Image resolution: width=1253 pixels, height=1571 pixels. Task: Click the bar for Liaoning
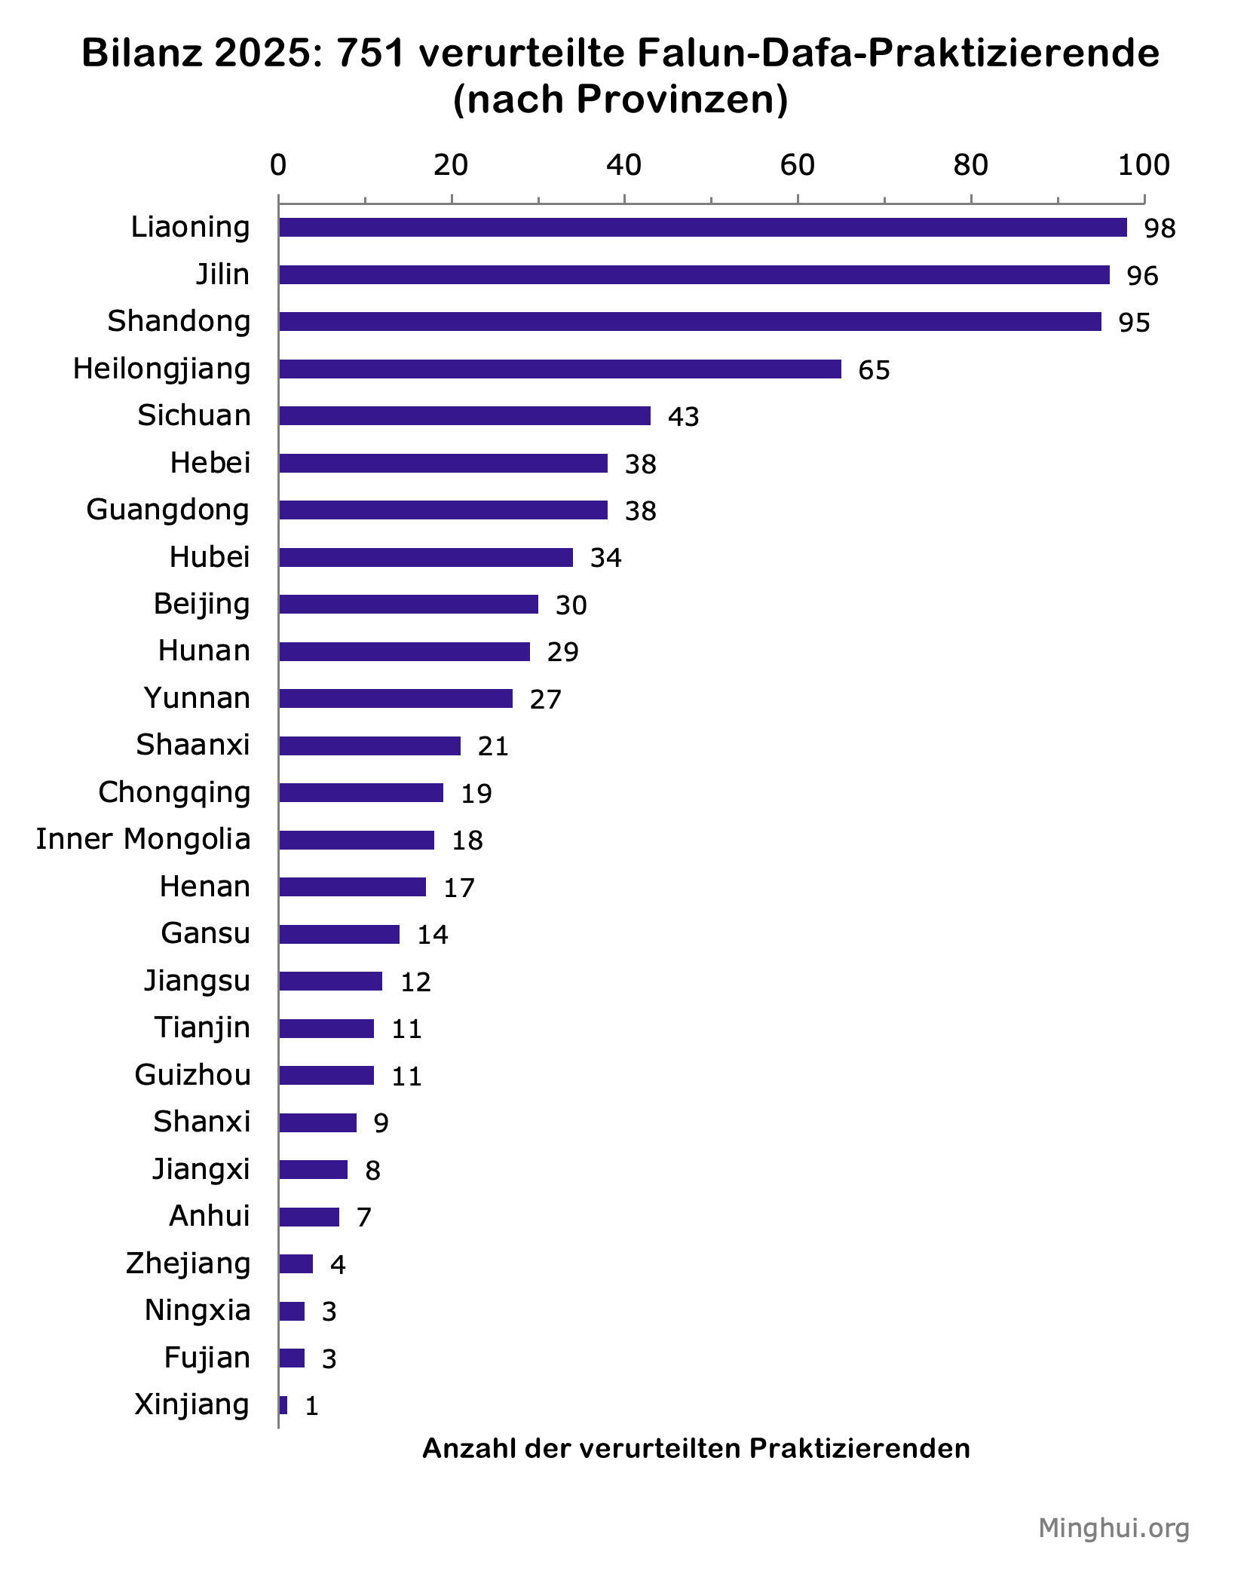pyautogui.click(x=703, y=228)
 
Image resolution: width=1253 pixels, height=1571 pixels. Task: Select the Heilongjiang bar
pyautogui.click(x=559, y=369)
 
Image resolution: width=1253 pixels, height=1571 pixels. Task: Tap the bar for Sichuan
pyautogui.click(x=464, y=416)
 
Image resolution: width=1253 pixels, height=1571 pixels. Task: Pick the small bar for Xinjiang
pyautogui.click(x=283, y=1405)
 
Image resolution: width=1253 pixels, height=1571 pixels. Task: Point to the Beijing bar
pyautogui.click(x=409, y=605)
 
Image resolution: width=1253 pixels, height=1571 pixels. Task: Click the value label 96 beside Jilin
pyautogui.click(x=1142, y=276)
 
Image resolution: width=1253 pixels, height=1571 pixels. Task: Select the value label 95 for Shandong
pyautogui.click(x=1134, y=323)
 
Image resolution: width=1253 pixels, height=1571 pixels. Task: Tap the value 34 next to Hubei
pyautogui.click(x=605, y=558)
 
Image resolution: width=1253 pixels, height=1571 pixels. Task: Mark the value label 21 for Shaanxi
pyautogui.click(x=493, y=746)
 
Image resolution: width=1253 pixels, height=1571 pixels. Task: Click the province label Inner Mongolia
pyautogui.click(x=143, y=839)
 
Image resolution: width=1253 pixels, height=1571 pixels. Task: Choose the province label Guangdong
pyautogui.click(x=167, y=510)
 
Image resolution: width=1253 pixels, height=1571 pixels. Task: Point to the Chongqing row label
pyautogui.click(x=174, y=792)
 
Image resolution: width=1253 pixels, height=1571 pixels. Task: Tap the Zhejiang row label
pyautogui.click(x=188, y=1263)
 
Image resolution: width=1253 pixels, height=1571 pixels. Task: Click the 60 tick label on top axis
pyautogui.click(x=797, y=165)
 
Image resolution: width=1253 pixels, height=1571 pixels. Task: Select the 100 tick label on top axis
pyautogui.click(x=1143, y=165)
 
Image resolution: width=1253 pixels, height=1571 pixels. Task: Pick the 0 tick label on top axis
pyautogui.click(x=278, y=165)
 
